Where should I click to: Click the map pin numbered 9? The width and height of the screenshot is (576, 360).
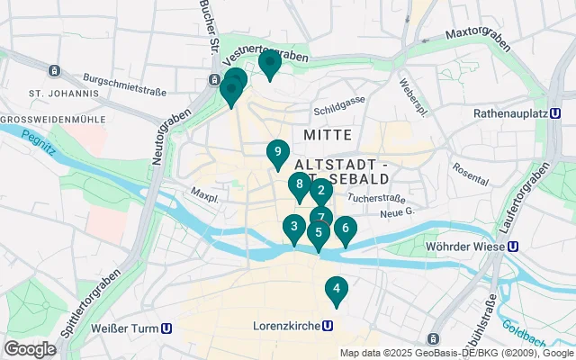coord(278,152)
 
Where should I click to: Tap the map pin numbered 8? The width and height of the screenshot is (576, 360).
coord(299,184)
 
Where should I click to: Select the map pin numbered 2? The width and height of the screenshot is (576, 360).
coord(321,190)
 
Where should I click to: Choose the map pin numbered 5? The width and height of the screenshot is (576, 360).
coord(318,232)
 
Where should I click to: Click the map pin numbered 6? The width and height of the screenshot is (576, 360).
coord(345,228)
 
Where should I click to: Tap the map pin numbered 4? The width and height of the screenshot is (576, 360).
coord(336,289)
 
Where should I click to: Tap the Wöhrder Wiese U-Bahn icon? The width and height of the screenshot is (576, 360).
coord(512,246)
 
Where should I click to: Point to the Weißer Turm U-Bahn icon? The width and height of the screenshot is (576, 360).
coord(167,328)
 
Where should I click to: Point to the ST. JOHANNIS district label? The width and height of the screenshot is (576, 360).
coord(64,93)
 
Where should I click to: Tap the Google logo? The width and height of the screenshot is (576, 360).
coord(30,348)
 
